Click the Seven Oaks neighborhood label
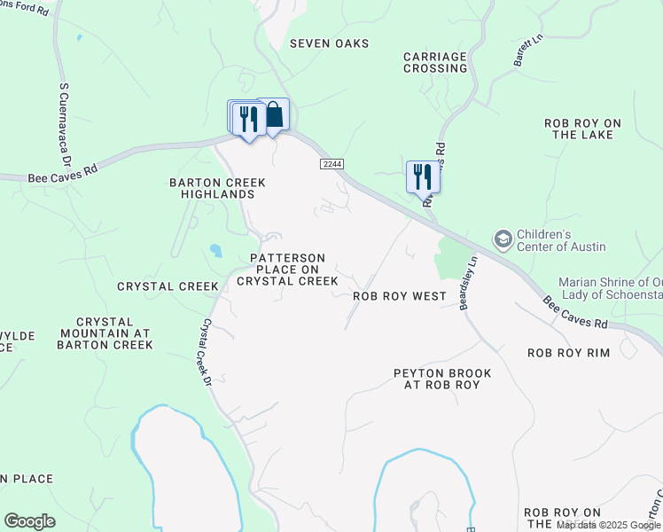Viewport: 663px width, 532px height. (329, 43)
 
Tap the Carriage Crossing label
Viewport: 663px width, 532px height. (434, 62)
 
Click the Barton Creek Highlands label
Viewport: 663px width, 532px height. (217, 188)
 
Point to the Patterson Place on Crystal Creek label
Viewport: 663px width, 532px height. (287, 270)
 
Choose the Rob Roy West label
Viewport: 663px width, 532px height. (399, 296)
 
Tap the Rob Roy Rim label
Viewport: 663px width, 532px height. (568, 353)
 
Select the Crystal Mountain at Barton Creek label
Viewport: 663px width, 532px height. (105, 333)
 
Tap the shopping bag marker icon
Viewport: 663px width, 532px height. (274, 114)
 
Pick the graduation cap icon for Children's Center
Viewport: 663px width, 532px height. (503, 239)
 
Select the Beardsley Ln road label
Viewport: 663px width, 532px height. (467, 284)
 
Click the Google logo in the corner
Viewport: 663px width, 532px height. (29, 521)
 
